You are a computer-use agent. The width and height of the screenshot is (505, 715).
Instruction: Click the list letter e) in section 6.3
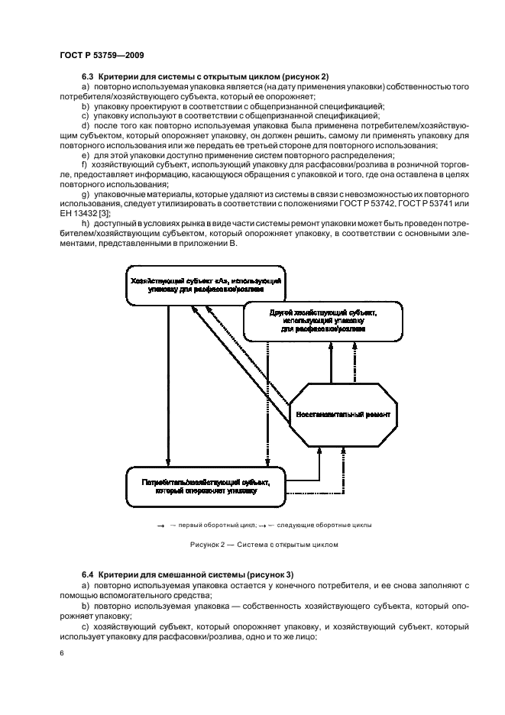[x=85, y=156]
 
